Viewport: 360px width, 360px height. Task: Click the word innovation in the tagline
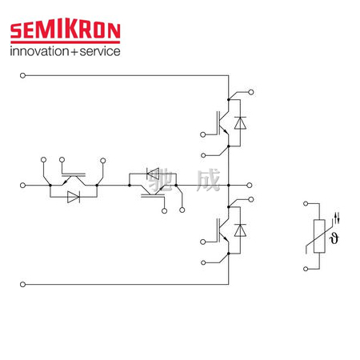click(x=39, y=51)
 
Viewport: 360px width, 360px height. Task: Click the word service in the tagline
click(x=100, y=51)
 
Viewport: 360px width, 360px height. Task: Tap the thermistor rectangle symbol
click(x=319, y=236)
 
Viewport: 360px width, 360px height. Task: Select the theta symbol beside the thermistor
click(x=334, y=238)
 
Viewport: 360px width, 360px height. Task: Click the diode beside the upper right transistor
click(x=240, y=123)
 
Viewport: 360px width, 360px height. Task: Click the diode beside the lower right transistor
click(x=240, y=230)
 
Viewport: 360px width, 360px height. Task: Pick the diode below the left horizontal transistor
click(x=74, y=197)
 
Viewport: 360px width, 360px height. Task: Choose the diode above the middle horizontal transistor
click(x=153, y=174)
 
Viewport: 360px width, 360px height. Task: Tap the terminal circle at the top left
click(x=22, y=75)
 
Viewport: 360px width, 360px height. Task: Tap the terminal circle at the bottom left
click(x=22, y=285)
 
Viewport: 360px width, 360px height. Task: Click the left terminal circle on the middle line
click(x=22, y=185)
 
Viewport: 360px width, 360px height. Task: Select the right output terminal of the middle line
click(x=250, y=185)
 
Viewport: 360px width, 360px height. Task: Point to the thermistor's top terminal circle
click(x=306, y=203)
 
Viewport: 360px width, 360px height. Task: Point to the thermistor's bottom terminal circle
click(x=306, y=269)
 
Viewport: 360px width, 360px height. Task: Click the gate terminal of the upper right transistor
click(x=202, y=134)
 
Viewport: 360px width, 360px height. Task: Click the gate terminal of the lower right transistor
click(x=202, y=242)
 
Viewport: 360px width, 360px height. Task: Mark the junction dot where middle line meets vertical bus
click(x=229, y=185)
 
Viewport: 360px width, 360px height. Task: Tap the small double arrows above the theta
click(x=337, y=218)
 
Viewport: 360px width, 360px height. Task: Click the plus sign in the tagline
click(x=74, y=52)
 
